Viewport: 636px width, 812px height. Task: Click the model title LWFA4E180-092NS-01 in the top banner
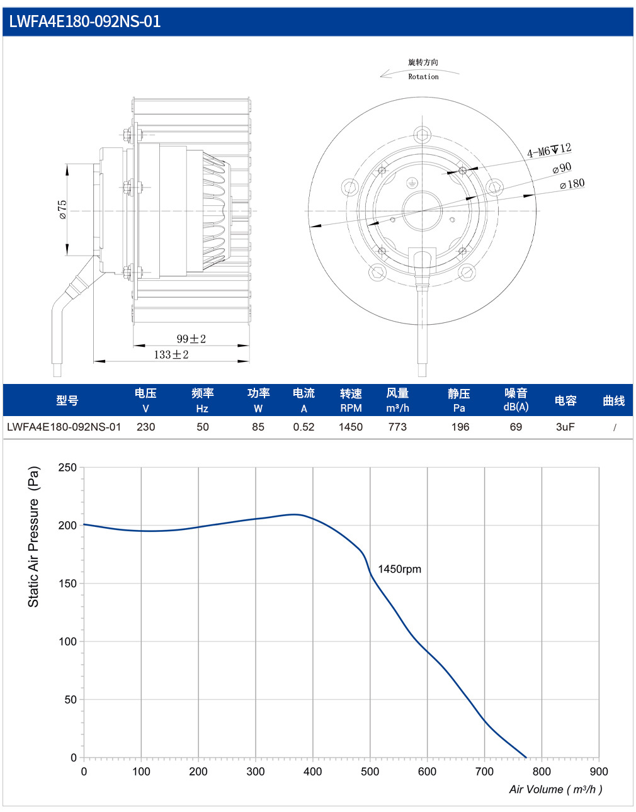(85, 21)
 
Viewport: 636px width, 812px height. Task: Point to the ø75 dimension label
(62, 210)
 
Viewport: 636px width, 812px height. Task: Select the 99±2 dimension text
(191, 339)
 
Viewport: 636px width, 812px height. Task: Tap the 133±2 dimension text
(171, 354)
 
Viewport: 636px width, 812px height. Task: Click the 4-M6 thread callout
(549, 150)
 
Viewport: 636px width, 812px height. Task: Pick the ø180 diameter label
(572, 184)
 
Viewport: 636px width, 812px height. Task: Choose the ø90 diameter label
(562, 168)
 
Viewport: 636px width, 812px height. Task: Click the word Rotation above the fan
(423, 77)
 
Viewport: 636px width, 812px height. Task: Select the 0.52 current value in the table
(304, 427)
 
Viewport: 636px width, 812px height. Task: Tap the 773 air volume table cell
(397, 427)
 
